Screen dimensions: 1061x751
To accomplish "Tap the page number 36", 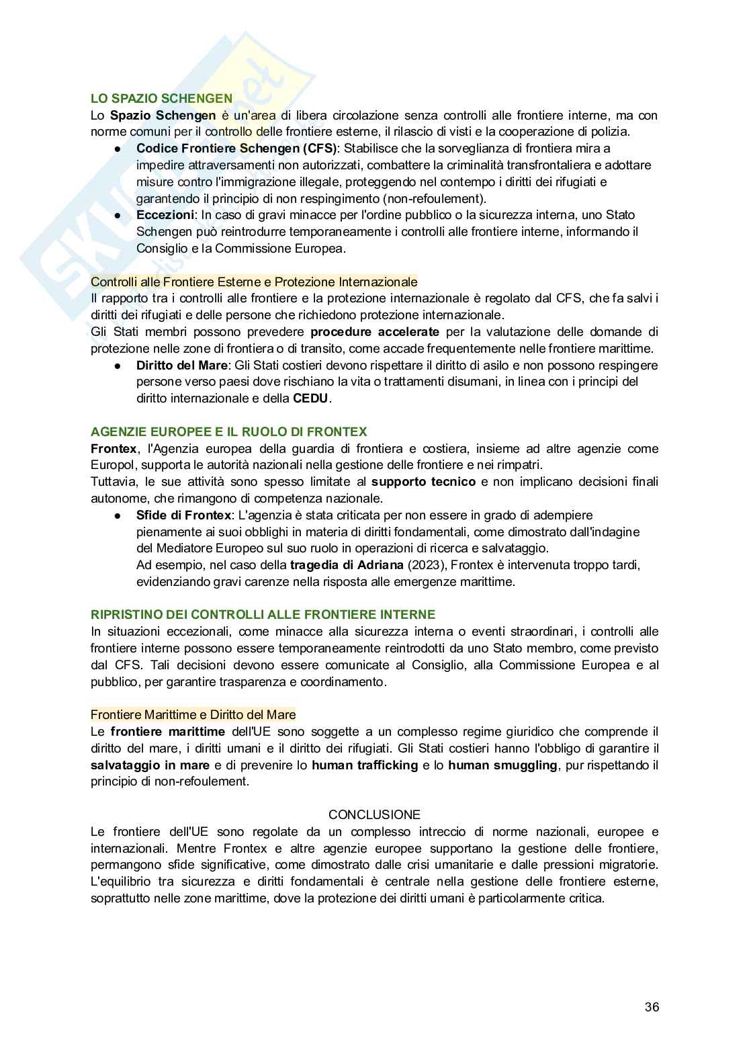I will point(651,1007).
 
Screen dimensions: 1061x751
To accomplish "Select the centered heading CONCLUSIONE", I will point(374,814).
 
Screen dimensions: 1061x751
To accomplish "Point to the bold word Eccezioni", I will point(164,215).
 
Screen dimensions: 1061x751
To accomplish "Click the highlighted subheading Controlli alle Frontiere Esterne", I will point(254,282).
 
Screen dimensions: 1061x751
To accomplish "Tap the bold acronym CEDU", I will point(312,398).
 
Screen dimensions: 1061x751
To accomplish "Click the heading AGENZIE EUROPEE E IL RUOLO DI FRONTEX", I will point(229,431).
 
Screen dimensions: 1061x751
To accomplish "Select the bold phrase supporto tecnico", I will point(423,482).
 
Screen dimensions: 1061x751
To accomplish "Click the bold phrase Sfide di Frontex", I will point(183,515).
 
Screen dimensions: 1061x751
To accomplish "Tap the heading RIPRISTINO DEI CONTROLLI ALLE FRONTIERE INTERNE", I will point(263,614).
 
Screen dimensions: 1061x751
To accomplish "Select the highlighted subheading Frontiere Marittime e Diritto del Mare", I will point(193,714).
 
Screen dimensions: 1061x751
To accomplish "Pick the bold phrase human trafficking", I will point(365,765).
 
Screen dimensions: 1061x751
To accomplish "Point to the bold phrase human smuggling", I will point(502,765).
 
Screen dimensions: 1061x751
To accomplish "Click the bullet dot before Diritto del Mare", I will point(117,366).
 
